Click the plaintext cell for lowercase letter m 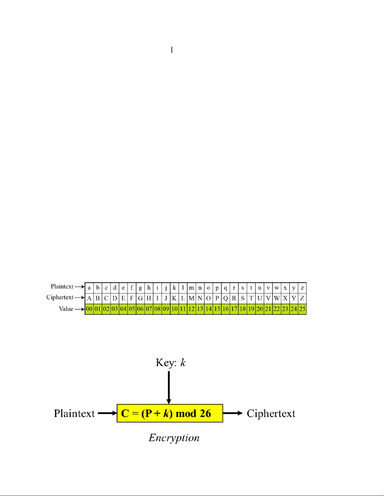click(191, 288)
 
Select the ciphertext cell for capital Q click(225, 298)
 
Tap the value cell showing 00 click(89, 309)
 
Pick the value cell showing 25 click(302, 309)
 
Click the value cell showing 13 click(200, 309)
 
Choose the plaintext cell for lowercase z click(302, 288)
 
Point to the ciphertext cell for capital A click(89, 298)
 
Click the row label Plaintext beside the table click(62, 286)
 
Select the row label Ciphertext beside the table click(60, 297)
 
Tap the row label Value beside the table click(66, 309)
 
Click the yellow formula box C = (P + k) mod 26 click(170, 413)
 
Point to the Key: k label click(171, 363)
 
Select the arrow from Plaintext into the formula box click(107, 413)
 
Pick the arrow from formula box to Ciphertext click(233, 413)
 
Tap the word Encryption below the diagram click(174, 437)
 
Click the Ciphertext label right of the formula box click(271, 413)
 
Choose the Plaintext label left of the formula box click(74, 413)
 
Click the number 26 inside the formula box click(205, 413)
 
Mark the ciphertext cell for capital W click(276, 298)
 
